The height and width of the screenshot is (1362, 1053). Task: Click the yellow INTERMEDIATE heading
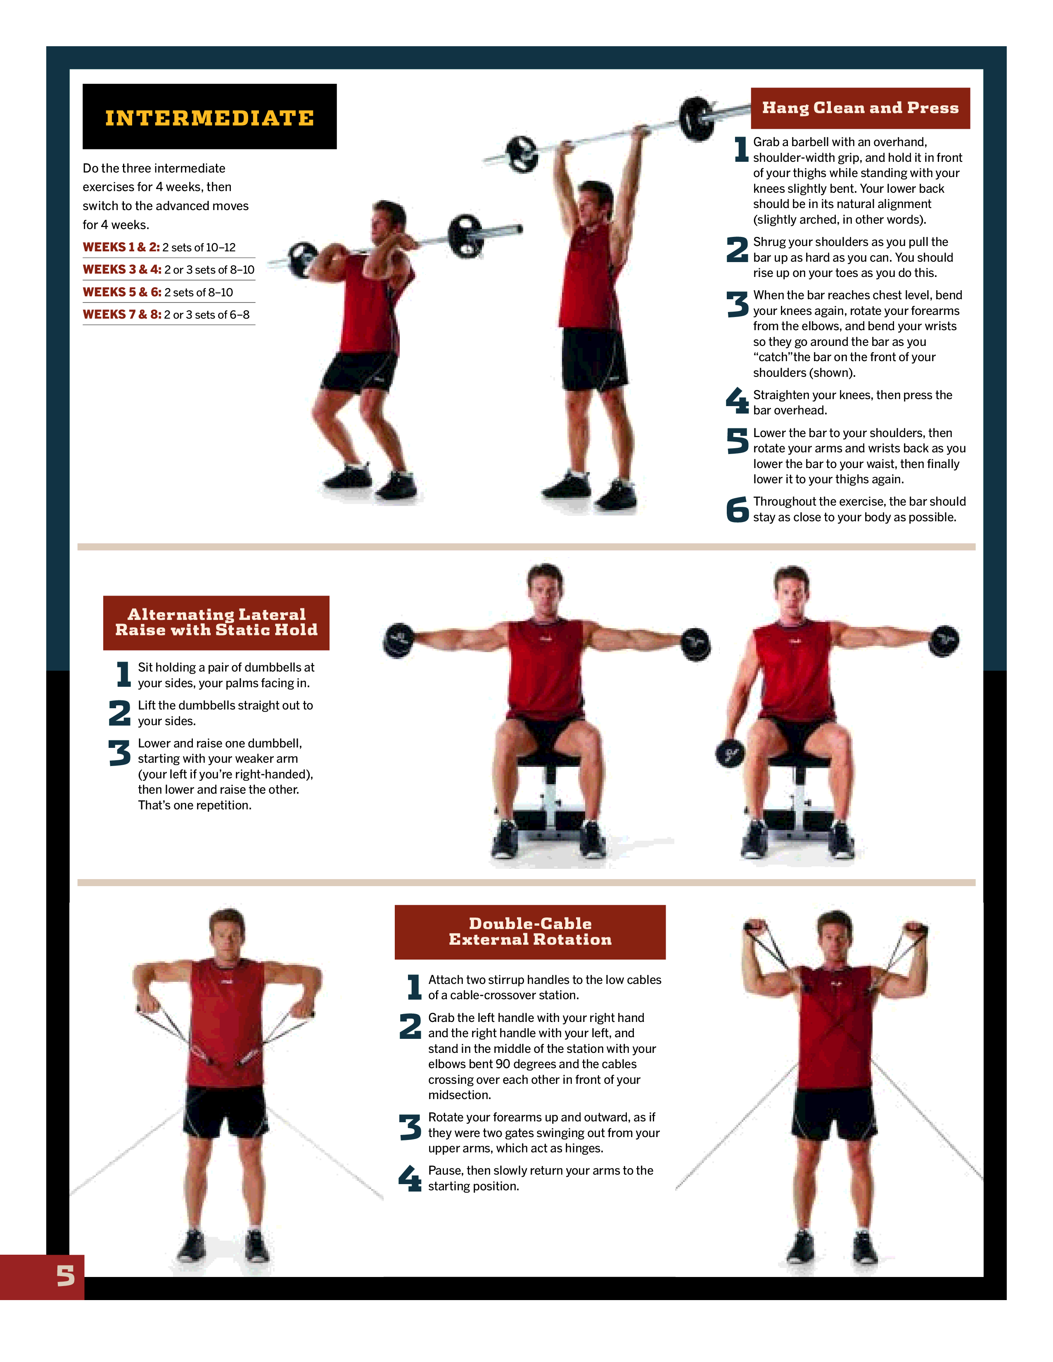[x=210, y=118]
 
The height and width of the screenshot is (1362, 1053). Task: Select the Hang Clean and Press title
[x=860, y=108]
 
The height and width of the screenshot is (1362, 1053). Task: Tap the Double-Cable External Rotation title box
[x=530, y=932]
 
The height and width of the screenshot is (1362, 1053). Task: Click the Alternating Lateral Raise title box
[x=216, y=622]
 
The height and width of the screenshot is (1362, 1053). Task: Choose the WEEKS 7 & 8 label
[x=122, y=314]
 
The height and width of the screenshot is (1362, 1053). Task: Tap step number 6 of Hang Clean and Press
[x=738, y=509]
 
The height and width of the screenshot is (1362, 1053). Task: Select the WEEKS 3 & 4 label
[x=122, y=270]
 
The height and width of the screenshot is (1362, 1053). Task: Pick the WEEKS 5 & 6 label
[x=122, y=292]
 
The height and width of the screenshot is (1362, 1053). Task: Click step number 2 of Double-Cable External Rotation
[x=410, y=1026]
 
